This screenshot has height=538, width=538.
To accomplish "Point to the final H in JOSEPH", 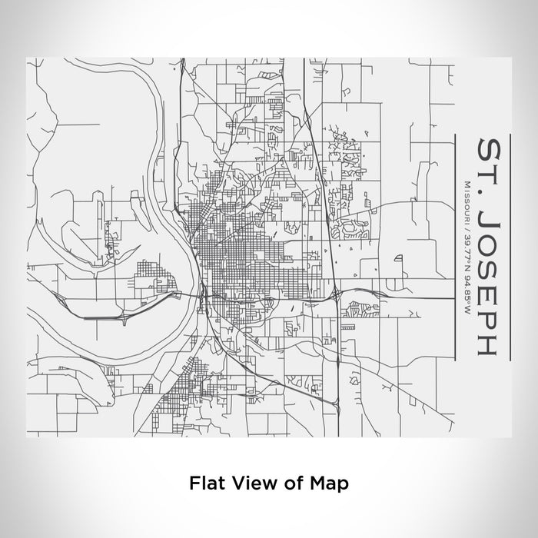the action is pos(492,344).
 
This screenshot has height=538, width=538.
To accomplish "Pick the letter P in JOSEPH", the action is pos(492,317).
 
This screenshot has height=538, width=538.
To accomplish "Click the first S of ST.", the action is pos(492,148).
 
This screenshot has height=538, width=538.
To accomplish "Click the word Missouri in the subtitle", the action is pos(467,201).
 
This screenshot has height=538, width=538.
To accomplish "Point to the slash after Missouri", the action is pos(467,224).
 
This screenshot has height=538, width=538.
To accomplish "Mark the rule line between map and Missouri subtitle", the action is pos(457,246).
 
